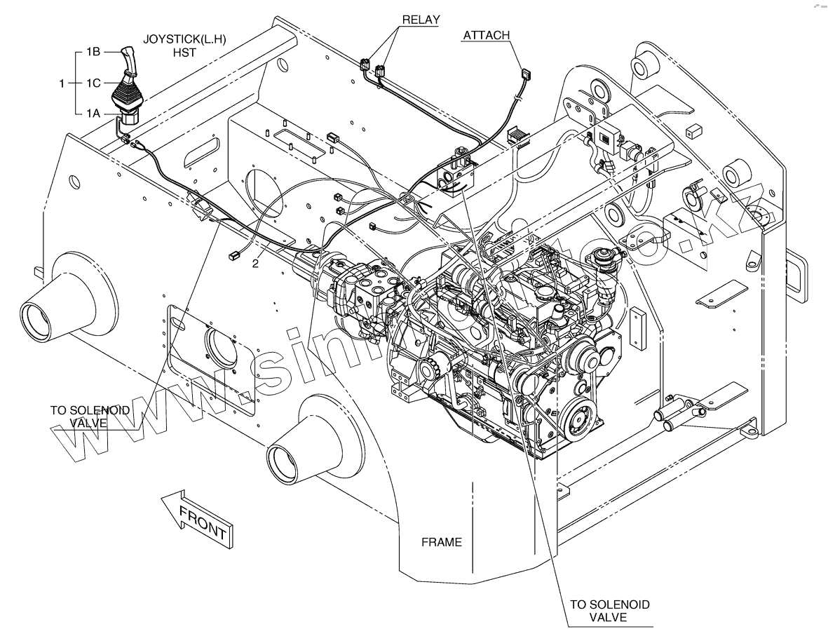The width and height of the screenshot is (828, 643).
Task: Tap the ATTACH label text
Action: coord(486,36)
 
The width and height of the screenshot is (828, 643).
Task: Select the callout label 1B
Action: coord(95,51)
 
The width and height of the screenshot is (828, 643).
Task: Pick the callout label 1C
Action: coord(95,83)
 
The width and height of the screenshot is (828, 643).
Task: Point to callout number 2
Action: coord(256,264)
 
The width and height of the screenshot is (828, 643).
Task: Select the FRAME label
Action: coord(441,542)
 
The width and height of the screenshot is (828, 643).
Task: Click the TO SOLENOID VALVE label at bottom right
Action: coord(609,611)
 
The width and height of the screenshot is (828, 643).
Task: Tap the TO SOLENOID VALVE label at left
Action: coord(89,417)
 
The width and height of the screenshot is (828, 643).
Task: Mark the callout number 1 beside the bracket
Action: coord(63,83)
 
